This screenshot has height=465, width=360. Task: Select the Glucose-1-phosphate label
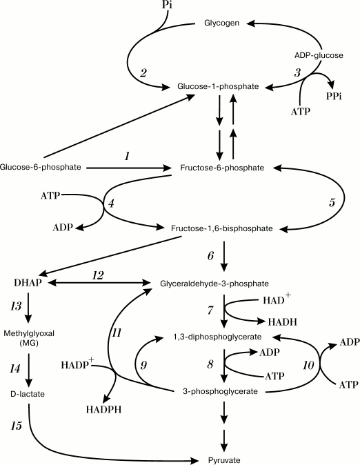click(217, 86)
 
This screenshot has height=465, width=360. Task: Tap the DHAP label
click(28, 283)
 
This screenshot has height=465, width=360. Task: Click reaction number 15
click(16, 426)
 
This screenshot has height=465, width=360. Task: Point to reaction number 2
click(143, 72)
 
